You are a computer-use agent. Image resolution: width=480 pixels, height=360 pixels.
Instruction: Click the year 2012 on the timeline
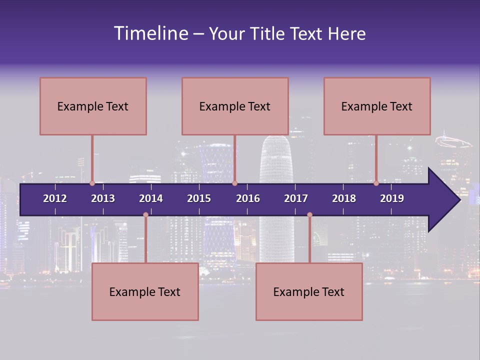click(55, 198)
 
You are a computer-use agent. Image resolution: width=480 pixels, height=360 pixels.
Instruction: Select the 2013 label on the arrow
click(103, 198)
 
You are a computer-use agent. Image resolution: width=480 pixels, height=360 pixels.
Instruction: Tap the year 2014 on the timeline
click(151, 198)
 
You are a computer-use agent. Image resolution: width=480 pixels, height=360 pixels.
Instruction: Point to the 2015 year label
click(199, 198)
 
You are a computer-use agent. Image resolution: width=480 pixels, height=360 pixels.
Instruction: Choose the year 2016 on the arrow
click(248, 198)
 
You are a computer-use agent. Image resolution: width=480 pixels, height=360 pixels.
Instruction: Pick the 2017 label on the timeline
click(296, 198)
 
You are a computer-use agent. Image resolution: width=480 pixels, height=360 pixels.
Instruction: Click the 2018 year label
click(344, 198)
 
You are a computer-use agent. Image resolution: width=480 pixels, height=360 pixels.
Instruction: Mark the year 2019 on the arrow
click(392, 198)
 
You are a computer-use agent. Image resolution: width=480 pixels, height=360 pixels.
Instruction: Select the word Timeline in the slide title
click(150, 33)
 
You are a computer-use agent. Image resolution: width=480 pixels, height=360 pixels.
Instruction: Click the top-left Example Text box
click(93, 106)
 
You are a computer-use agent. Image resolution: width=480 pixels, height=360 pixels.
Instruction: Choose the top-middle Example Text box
click(235, 106)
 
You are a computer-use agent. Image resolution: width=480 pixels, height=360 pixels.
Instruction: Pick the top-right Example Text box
click(377, 106)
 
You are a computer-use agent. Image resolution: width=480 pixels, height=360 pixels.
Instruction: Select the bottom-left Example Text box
click(145, 291)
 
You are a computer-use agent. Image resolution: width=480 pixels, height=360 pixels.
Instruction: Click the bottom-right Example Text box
click(309, 291)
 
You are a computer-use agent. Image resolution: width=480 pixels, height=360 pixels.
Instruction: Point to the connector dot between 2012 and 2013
click(92, 183)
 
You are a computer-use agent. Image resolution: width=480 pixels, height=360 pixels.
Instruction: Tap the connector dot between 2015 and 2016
click(235, 183)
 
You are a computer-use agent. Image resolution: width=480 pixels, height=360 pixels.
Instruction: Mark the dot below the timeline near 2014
click(145, 215)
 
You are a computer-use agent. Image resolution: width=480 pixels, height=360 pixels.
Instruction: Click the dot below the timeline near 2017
click(309, 215)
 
